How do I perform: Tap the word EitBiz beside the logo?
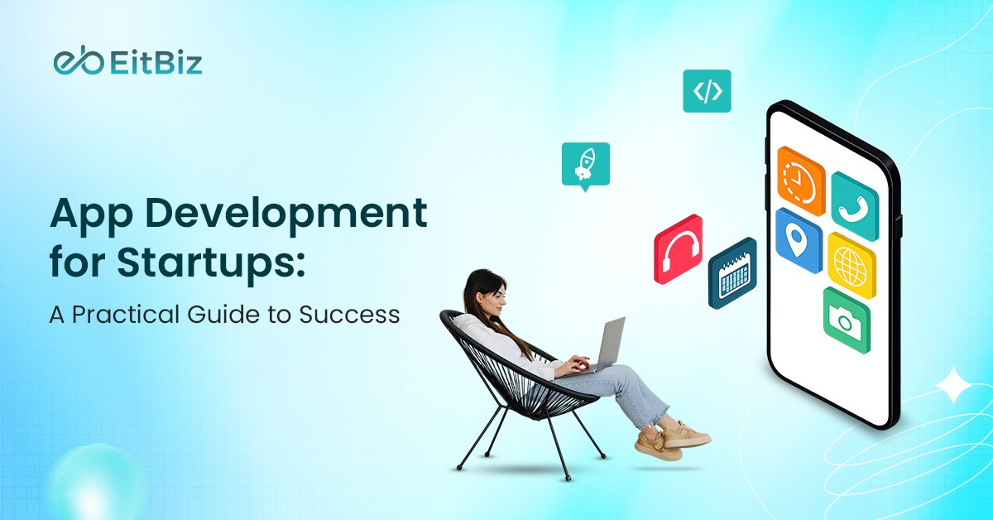[155, 63]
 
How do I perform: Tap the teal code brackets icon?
[707, 91]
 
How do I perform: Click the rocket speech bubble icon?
[585, 164]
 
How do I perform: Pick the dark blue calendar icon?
[732, 273]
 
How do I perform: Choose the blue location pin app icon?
[799, 240]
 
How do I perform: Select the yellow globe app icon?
[851, 265]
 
